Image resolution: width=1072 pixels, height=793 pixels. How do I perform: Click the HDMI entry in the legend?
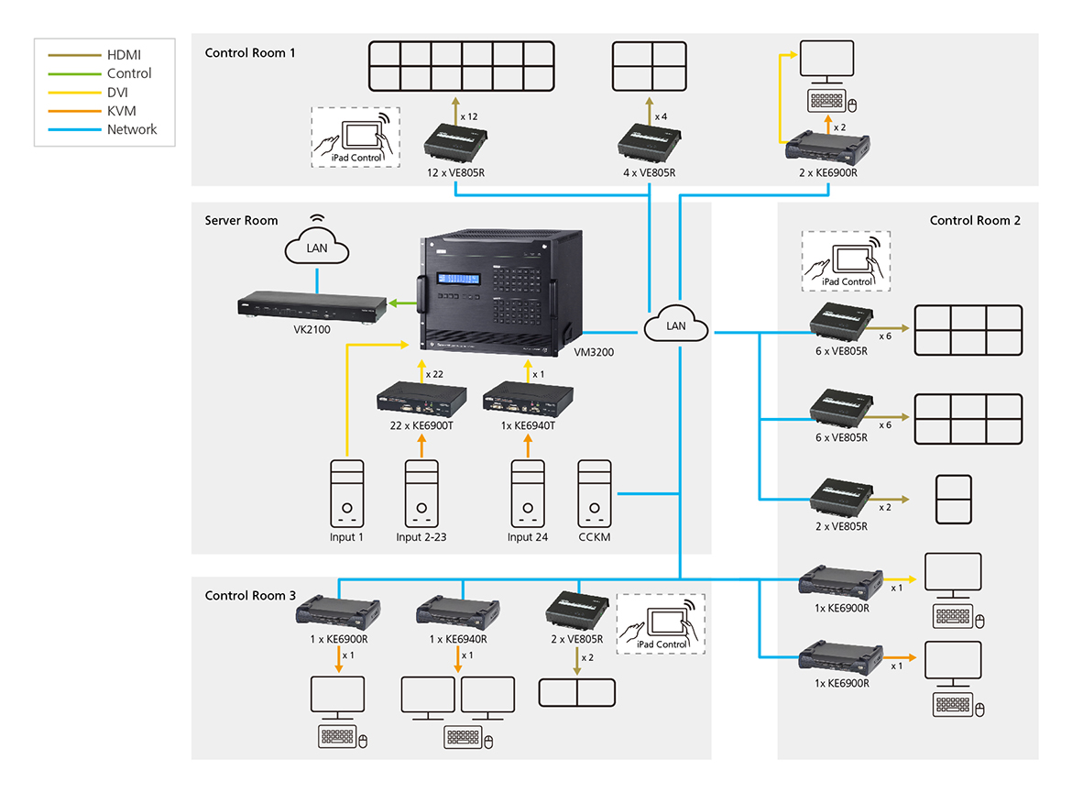(124, 55)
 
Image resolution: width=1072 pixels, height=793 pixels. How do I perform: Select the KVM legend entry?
(121, 111)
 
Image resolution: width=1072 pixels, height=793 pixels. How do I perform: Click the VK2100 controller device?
(312, 306)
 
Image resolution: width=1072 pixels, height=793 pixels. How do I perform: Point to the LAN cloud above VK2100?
(317, 248)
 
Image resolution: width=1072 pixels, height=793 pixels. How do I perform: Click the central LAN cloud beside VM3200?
(675, 325)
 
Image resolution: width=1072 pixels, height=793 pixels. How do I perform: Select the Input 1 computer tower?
(347, 491)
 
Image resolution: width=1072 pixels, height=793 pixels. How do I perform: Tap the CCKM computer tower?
(595, 491)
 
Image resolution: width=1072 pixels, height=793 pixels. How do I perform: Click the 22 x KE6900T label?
(421, 424)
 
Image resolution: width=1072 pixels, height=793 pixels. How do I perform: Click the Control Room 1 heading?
(250, 53)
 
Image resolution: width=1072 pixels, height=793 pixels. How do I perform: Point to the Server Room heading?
(241, 221)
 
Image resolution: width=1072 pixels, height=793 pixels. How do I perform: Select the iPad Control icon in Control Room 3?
(661, 623)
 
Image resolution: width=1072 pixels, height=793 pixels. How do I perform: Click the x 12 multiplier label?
(469, 116)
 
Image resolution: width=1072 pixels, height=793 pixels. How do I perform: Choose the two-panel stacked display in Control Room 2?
(953, 499)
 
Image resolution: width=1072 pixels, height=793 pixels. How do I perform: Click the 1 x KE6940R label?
(458, 639)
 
